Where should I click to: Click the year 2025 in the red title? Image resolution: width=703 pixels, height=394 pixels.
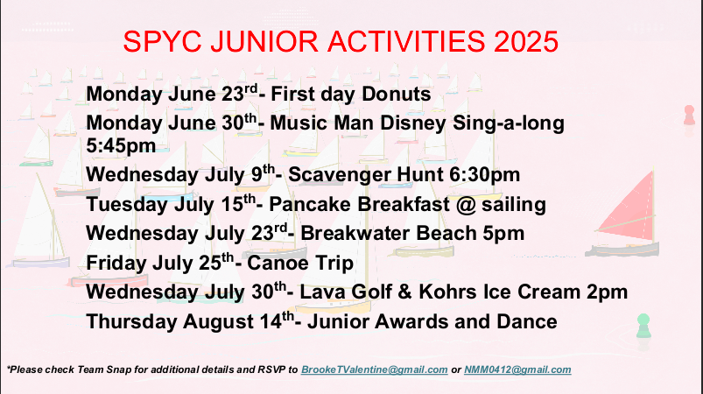coord(526,42)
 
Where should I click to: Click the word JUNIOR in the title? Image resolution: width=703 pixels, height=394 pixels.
coord(264,42)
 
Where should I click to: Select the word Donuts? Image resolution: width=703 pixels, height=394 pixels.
coord(396,95)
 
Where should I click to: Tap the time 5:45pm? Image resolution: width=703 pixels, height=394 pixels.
coord(121,145)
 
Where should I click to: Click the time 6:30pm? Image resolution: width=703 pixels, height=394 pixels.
coord(485,175)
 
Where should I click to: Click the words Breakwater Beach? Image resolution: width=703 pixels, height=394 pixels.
coord(389,234)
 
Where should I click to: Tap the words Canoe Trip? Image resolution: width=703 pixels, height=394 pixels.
coord(300,264)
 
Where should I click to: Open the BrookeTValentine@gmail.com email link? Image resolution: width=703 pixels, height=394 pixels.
coord(375,369)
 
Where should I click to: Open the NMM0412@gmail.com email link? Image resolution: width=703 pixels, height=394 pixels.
coord(517,369)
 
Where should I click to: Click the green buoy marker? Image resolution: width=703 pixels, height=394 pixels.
coord(643,326)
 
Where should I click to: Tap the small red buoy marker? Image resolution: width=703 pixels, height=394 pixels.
coord(689,115)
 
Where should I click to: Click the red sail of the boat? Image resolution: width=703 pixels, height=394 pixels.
coord(630,205)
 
